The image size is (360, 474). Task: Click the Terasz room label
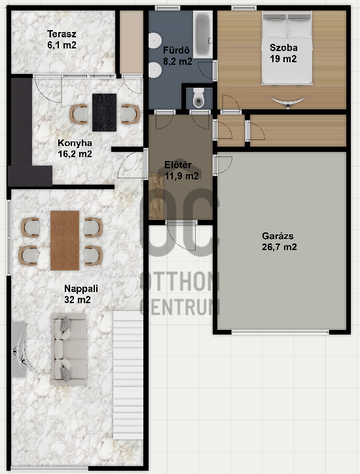point(62,35)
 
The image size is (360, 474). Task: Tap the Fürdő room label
point(177,50)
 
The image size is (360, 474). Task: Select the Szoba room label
point(283,46)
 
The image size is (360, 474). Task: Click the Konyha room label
point(74,143)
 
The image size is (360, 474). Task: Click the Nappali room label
point(77,288)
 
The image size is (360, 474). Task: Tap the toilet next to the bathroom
point(199,98)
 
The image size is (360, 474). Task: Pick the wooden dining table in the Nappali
point(64,240)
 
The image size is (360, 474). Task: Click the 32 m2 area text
point(77,299)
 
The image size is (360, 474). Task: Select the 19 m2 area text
point(283,58)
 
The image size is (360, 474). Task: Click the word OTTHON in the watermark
point(180,282)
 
